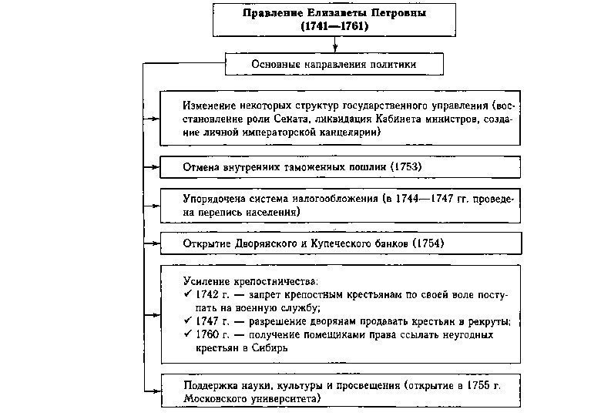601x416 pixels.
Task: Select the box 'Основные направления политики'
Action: click(334, 65)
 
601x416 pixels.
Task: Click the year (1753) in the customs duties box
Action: click(407, 166)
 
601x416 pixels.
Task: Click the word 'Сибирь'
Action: click(270, 348)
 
